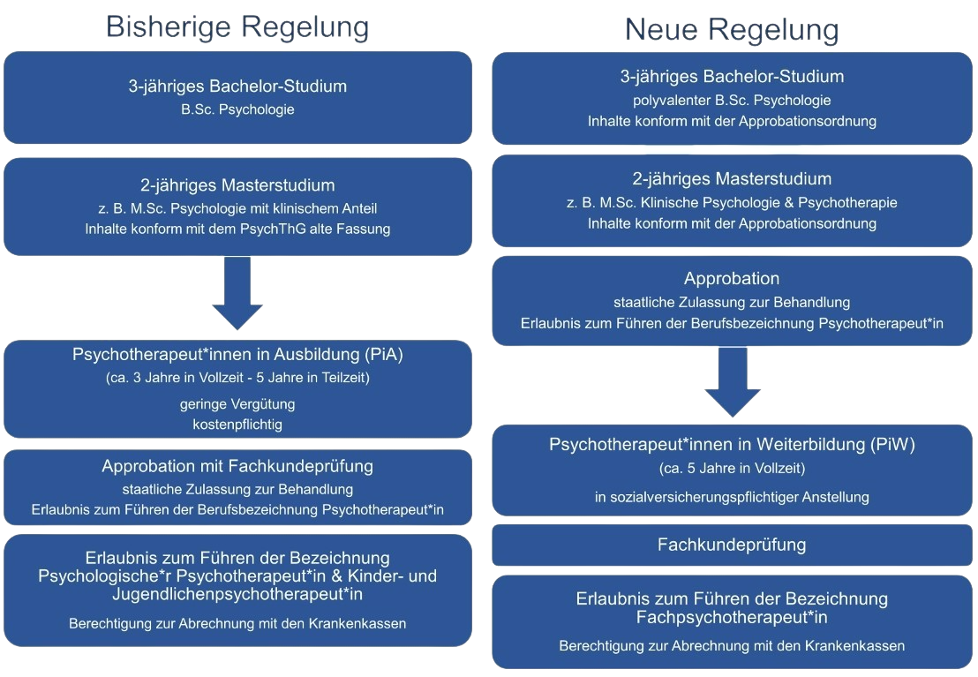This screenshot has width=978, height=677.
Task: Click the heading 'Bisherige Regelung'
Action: (x=237, y=26)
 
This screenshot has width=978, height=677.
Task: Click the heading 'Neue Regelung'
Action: (x=732, y=30)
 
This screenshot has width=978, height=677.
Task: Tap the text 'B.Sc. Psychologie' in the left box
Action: (x=237, y=110)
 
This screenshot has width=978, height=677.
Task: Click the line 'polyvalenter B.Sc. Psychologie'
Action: (x=732, y=100)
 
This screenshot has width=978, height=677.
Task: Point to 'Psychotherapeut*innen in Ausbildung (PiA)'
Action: (x=237, y=356)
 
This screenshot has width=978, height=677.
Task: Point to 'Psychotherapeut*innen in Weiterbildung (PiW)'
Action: (x=732, y=445)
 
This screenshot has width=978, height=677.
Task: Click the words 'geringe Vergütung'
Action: (x=237, y=404)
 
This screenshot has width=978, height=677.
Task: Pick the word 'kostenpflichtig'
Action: (x=237, y=425)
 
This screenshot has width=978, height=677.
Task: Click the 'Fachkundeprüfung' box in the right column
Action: (x=732, y=545)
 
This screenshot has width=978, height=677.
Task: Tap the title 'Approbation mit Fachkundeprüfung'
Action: (x=237, y=465)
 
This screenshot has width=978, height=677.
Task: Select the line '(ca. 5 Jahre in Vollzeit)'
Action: (x=732, y=468)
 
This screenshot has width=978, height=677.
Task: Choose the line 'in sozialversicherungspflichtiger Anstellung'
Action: (x=732, y=497)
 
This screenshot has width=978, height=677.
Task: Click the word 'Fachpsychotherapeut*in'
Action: (x=732, y=615)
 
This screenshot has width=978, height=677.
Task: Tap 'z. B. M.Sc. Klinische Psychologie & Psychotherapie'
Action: (x=732, y=202)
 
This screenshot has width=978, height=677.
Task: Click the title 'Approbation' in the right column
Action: (x=732, y=278)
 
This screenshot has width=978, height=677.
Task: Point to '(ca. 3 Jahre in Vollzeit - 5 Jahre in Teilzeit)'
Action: (x=237, y=378)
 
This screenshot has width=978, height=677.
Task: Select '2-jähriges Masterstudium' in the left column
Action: (x=237, y=185)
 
